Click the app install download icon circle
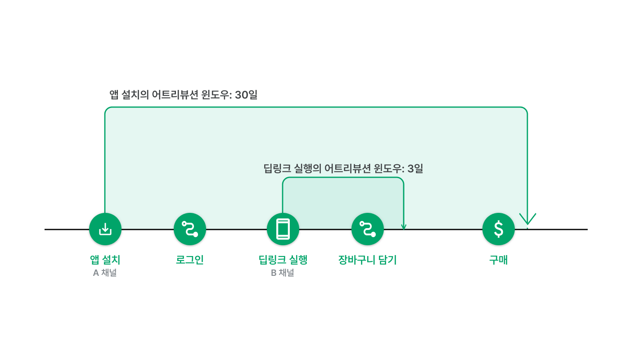point(105,229)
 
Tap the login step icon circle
point(190,229)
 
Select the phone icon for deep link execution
point(283,229)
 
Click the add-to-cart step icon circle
point(368,229)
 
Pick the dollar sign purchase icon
point(499,229)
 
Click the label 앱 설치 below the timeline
point(105,260)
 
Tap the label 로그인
point(190,260)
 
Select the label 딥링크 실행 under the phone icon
point(283,260)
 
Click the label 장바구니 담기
point(368,260)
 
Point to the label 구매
point(499,260)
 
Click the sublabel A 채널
point(105,273)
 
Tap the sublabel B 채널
point(283,273)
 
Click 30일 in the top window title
point(246,95)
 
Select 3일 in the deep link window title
point(415,168)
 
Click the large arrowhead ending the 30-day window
point(527,220)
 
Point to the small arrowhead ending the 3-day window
point(404,227)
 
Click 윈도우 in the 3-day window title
point(388,168)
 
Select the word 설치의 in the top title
point(135,95)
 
